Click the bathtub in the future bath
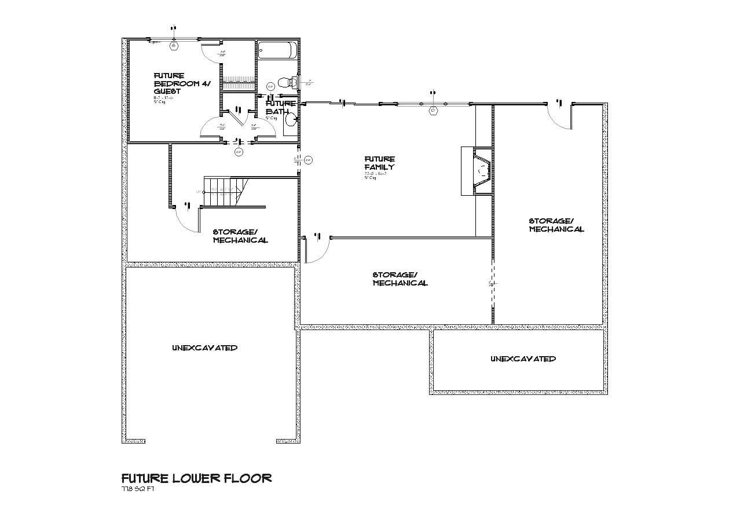pos(277,50)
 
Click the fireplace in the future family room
pos(479,171)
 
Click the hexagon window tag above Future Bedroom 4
pos(173,46)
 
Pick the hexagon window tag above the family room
pos(432,110)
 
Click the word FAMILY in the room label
pos(379,167)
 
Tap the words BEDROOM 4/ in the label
pos(182,83)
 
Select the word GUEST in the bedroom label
pos(167,92)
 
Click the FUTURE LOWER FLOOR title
pos(196,478)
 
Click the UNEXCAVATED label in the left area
pos(204,348)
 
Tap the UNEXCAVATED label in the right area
pos(523,359)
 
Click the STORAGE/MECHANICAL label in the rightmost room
pos(556,225)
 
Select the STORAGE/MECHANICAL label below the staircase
pos(240,236)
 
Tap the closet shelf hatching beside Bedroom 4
pos(237,79)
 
